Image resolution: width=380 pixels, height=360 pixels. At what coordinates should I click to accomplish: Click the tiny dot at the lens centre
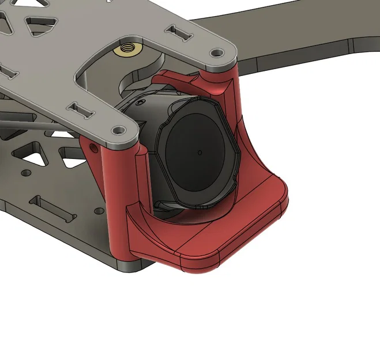[200, 153]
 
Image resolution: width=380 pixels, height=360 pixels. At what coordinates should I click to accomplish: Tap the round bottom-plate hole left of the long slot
[24, 173]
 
